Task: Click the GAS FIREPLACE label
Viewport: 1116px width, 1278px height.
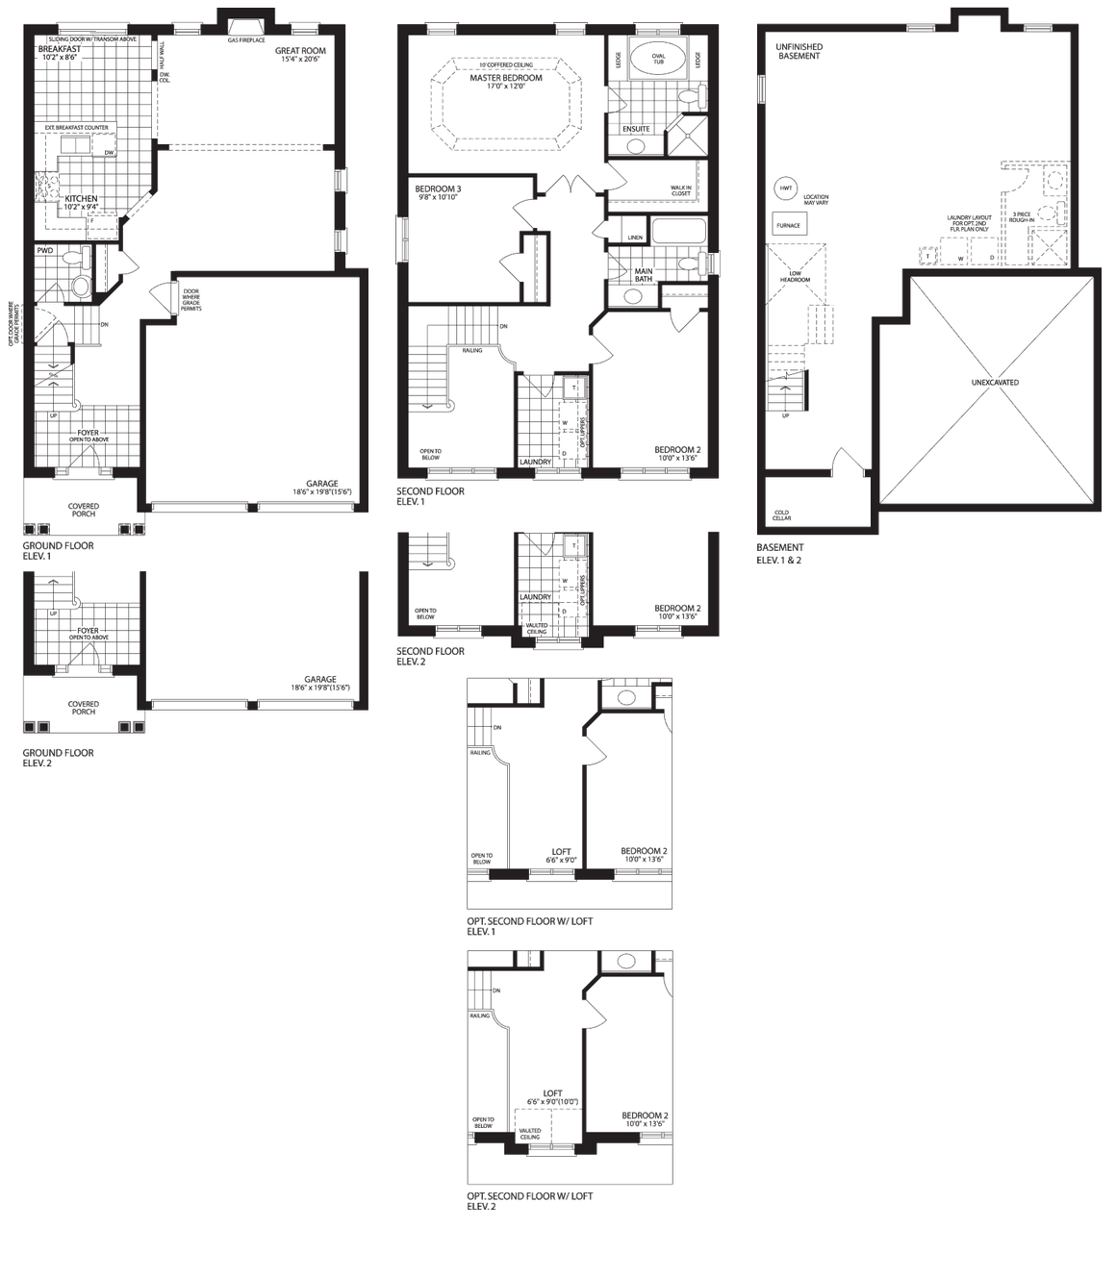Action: [x=246, y=40]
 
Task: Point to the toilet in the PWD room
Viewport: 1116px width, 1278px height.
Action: [x=80, y=285]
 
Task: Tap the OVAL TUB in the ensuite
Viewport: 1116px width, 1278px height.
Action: [x=659, y=59]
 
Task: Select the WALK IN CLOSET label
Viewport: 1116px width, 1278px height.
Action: [x=680, y=190]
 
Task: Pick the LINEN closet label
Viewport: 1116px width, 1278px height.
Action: [x=634, y=237]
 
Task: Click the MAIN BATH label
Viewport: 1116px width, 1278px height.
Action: [x=644, y=275]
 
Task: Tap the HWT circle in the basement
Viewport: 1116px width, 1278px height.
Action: [x=786, y=188]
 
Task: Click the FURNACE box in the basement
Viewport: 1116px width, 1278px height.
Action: [x=787, y=224]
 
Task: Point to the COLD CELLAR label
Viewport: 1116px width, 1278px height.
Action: [x=781, y=515]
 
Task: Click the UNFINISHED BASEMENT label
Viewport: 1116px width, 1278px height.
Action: [x=799, y=51]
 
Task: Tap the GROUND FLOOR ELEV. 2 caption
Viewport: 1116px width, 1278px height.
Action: [x=59, y=758]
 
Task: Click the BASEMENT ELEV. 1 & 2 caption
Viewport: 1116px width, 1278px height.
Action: [x=779, y=553]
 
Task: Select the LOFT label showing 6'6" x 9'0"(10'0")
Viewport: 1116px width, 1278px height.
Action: [x=552, y=1097]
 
